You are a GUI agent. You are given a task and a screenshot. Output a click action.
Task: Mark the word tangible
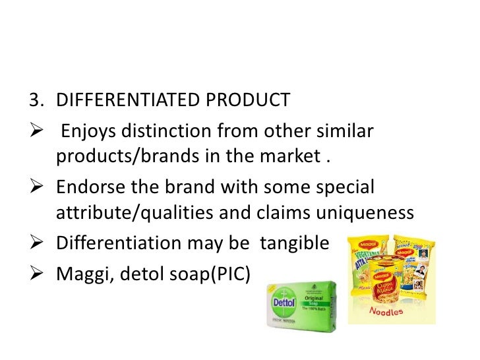[294, 244]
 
